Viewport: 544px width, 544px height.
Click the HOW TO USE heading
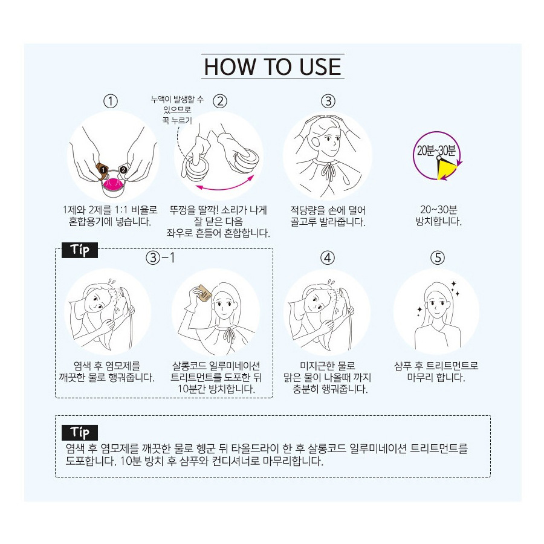pyautogui.click(x=273, y=66)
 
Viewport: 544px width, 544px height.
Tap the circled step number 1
pyautogui.click(x=111, y=102)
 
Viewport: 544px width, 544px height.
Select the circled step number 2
pyautogui.click(x=220, y=102)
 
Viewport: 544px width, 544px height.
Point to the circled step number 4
pyautogui.click(x=328, y=257)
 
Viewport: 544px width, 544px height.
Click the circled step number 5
pyautogui.click(x=438, y=257)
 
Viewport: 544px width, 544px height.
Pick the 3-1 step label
pyautogui.click(x=160, y=257)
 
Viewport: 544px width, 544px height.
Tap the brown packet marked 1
pyautogui.click(x=102, y=169)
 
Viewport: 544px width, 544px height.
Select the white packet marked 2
pyautogui.click(x=123, y=169)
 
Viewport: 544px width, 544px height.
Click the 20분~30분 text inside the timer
pyautogui.click(x=436, y=151)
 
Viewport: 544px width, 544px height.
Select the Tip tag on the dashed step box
pyautogui.click(x=80, y=250)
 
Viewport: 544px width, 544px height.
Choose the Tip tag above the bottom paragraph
pyautogui.click(x=80, y=433)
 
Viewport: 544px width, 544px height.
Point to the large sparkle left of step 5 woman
pyautogui.click(x=419, y=309)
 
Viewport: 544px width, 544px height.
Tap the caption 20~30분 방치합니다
pyautogui.click(x=438, y=215)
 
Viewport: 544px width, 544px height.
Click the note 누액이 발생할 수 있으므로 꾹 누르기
pyautogui.click(x=177, y=109)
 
